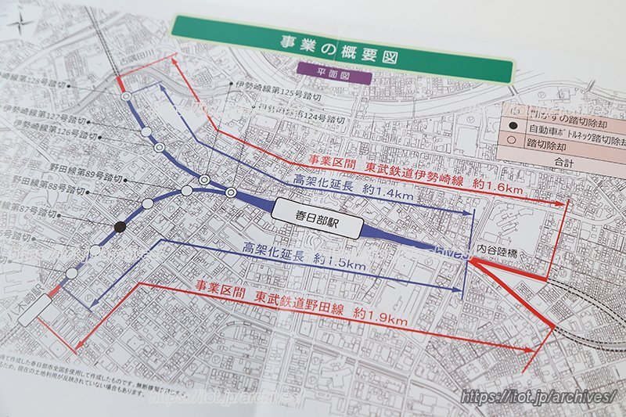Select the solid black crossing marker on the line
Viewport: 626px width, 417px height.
(120, 227)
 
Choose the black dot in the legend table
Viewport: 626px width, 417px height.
(514, 128)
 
